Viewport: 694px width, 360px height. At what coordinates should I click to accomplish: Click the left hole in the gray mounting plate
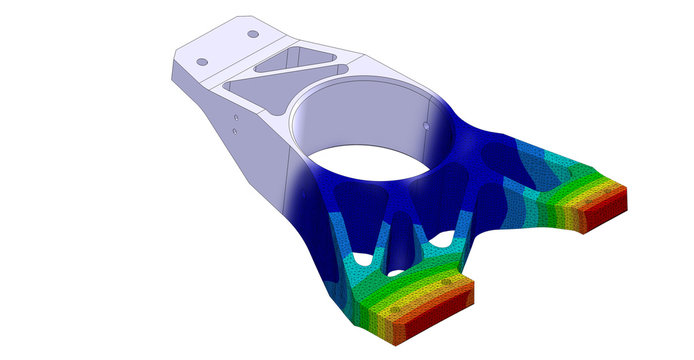[202, 62]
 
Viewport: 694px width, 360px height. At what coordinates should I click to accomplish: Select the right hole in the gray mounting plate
[252, 34]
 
